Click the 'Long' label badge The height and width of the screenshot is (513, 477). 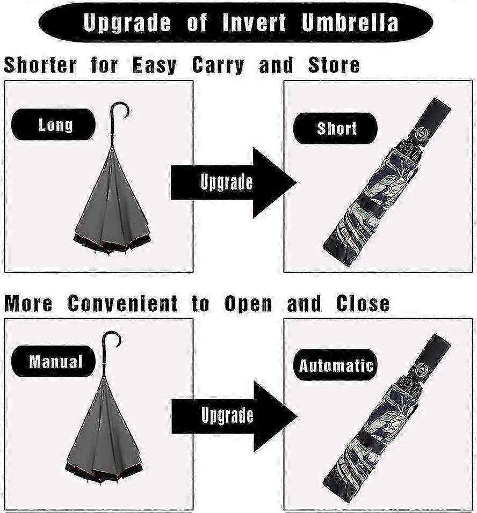pyautogui.click(x=53, y=124)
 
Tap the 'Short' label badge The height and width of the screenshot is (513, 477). pyautogui.click(x=335, y=128)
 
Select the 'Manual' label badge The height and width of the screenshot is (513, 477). pyautogui.click(x=53, y=361)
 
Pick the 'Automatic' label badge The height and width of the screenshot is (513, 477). pyautogui.click(x=335, y=365)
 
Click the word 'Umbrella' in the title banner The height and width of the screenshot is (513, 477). pyautogui.click(x=350, y=23)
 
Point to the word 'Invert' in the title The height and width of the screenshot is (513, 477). pyautogui.click(x=254, y=23)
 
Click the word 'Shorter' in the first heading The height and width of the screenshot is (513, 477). pyautogui.click(x=40, y=65)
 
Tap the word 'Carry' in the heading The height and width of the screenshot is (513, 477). pyautogui.click(x=218, y=65)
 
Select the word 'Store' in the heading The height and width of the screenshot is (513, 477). pyautogui.click(x=334, y=65)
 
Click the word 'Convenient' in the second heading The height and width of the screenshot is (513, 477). pyautogui.click(x=123, y=303)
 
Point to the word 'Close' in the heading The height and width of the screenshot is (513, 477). pyautogui.click(x=363, y=303)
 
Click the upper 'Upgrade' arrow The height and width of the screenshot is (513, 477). pyautogui.click(x=234, y=182)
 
